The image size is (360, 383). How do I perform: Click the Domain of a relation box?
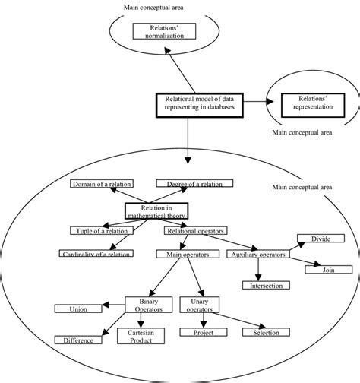pos(101,184)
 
